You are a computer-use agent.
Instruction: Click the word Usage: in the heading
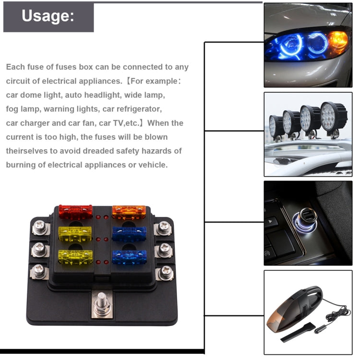click(x=48, y=16)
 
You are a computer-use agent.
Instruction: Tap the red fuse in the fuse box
click(x=75, y=210)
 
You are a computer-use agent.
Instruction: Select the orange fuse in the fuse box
click(x=128, y=210)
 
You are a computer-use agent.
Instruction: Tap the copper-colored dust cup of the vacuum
click(x=277, y=321)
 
